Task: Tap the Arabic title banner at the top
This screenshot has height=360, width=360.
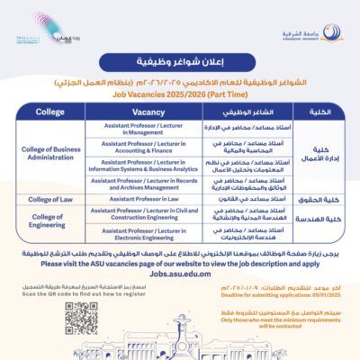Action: point(180,64)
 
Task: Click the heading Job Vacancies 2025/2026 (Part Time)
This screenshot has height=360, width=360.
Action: point(180,93)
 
